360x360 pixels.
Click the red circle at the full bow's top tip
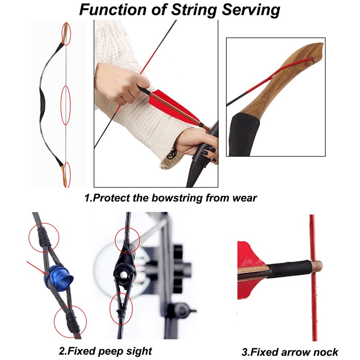(66, 34)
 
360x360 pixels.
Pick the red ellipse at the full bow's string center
(66, 105)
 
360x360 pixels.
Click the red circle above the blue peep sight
(44, 235)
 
